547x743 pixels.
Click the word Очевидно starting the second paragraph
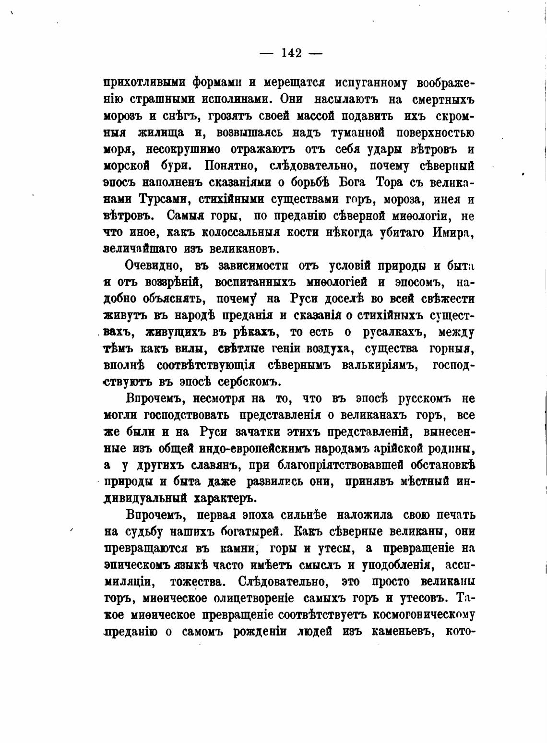pos(155,265)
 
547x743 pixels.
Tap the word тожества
pos(198,582)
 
